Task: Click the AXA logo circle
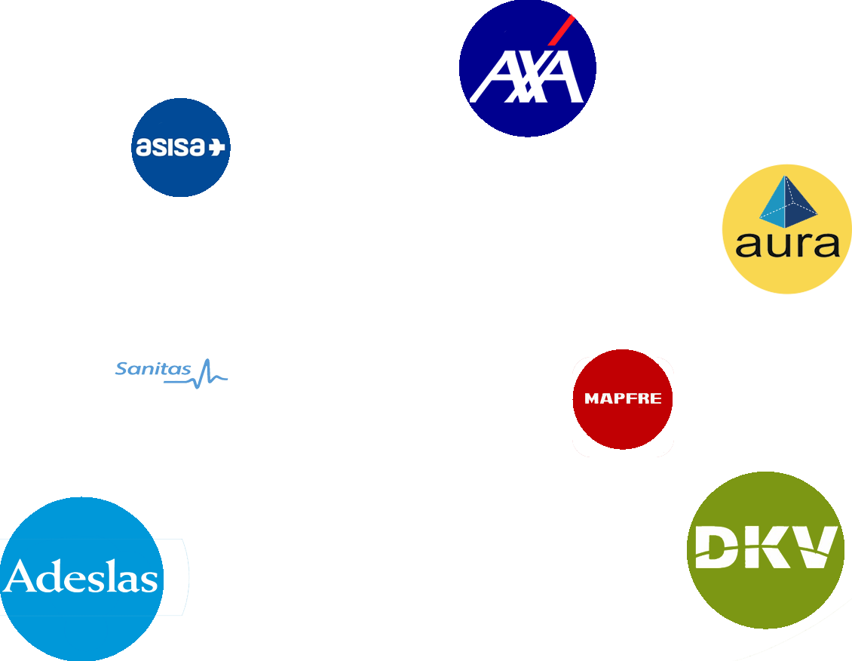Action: pyautogui.click(x=528, y=68)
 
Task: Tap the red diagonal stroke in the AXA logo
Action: pyautogui.click(x=561, y=30)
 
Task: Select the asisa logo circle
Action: pyautogui.click(x=181, y=147)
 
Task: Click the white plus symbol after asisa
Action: pyautogui.click(x=217, y=147)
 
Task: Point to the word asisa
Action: pyautogui.click(x=170, y=147)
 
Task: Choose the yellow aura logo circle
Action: pyautogui.click(x=787, y=229)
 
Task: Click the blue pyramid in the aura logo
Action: pyautogui.click(x=789, y=201)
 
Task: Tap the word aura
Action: pyautogui.click(x=787, y=245)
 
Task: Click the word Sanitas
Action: pyautogui.click(x=153, y=369)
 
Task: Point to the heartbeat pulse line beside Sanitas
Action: pyautogui.click(x=197, y=374)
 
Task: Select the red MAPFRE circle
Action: pyautogui.click(x=623, y=399)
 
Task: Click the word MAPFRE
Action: pyautogui.click(x=623, y=398)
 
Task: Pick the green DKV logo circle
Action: pyautogui.click(x=765, y=550)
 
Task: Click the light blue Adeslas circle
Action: pyautogui.click(x=81, y=579)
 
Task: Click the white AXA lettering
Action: pyautogui.click(x=526, y=77)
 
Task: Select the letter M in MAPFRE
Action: pyautogui.click(x=591, y=398)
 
